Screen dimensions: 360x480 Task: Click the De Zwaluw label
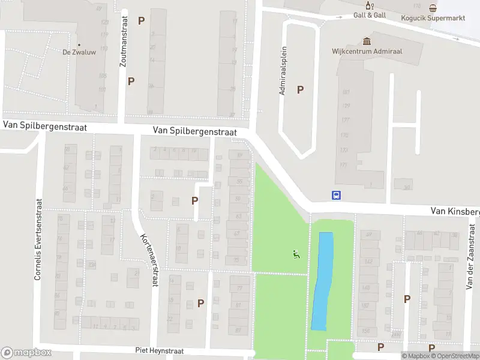click(x=79, y=52)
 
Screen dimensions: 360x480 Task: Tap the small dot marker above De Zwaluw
click(x=79, y=43)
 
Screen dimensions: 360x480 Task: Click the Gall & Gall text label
click(x=370, y=16)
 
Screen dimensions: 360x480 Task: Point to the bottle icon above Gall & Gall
click(x=370, y=6)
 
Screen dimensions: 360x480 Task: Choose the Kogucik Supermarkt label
click(x=433, y=18)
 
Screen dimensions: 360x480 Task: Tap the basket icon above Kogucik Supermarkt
click(x=433, y=8)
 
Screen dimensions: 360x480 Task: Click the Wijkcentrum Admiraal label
click(x=367, y=52)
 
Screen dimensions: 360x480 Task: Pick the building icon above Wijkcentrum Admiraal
click(x=367, y=41)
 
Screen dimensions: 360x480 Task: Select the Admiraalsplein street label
click(x=282, y=71)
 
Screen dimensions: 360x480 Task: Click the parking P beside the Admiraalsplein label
click(x=301, y=90)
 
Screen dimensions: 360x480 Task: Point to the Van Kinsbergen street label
click(x=455, y=211)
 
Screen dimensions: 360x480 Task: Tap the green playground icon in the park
click(x=295, y=255)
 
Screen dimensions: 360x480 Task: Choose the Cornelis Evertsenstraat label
click(x=38, y=240)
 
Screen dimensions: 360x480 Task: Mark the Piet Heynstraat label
click(x=160, y=351)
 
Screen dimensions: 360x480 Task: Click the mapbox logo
click(x=26, y=353)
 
